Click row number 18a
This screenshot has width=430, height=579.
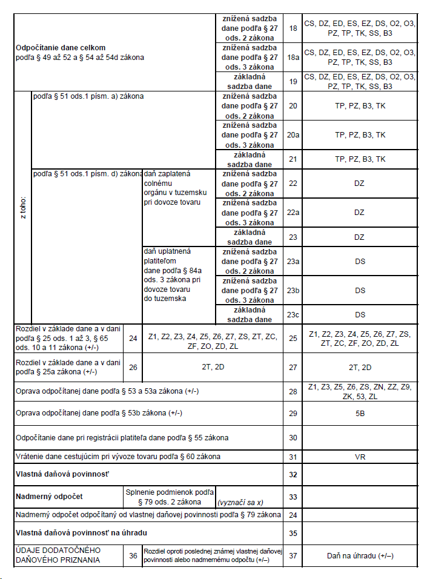(293, 57)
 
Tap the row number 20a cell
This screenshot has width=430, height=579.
(293, 135)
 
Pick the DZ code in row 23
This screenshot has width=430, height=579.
(359, 237)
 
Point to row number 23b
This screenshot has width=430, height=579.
(293, 290)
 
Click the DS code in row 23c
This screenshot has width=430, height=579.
(360, 314)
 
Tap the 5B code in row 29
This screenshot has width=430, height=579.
(360, 413)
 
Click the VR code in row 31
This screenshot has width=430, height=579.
(360, 456)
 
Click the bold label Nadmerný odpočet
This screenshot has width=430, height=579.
(48, 497)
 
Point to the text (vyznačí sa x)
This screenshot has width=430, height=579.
(239, 502)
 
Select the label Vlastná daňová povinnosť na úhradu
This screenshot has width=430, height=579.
(81, 533)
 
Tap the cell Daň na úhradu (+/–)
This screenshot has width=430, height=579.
(360, 555)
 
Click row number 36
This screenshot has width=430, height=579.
(133, 555)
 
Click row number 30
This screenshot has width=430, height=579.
(293, 437)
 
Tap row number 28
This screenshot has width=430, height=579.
(293, 391)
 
